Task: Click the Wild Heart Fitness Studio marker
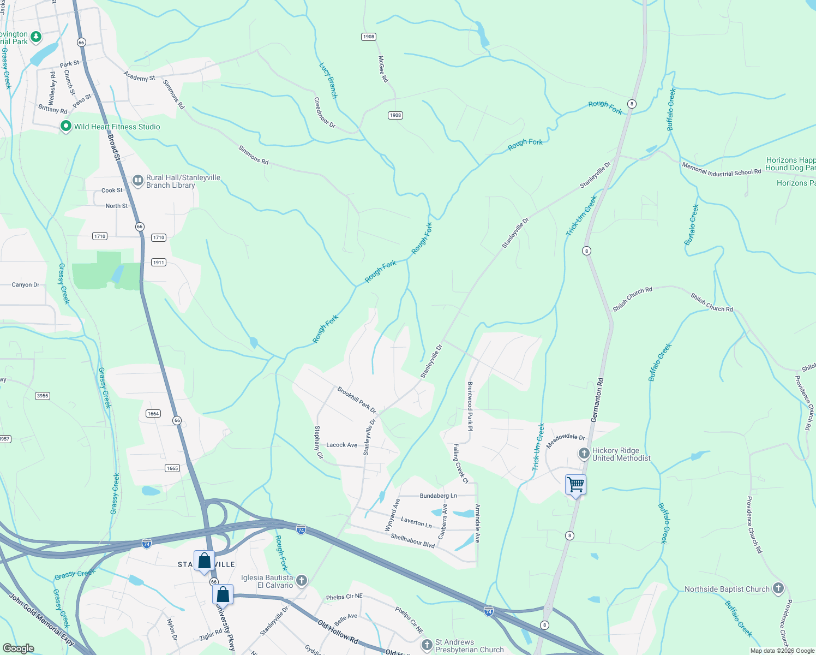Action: pos(66,127)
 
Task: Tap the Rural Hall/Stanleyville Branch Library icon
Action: pos(138,180)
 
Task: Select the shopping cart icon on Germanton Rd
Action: pos(575,485)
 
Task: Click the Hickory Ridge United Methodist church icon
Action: pos(584,454)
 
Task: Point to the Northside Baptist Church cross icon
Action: pos(778,588)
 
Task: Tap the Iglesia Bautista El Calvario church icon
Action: pos(302,581)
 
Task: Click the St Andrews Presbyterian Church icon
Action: pos(427,645)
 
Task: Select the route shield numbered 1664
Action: pos(153,413)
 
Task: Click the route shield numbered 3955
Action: pos(43,396)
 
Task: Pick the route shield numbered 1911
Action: pos(159,263)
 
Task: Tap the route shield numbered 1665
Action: pos(172,468)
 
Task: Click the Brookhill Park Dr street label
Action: pos(357,400)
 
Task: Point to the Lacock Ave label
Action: pos(341,445)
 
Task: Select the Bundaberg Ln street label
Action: pos(438,496)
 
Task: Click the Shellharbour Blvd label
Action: pos(412,541)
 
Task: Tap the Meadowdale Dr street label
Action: pos(566,440)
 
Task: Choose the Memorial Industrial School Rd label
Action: pos(721,169)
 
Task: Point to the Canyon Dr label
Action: pos(26,285)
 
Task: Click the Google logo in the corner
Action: pos(19,648)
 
